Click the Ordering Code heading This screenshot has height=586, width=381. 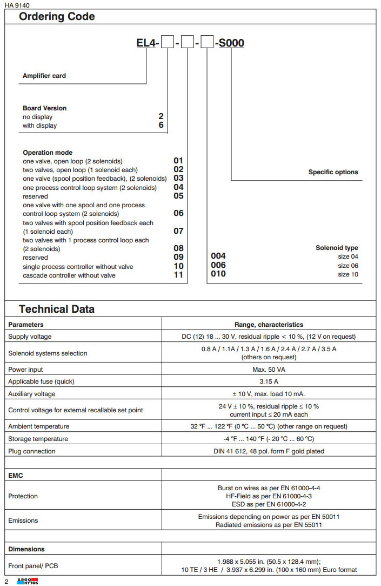coord(57,17)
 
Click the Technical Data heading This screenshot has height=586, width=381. coord(57,310)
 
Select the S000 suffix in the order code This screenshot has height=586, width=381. coord(231,43)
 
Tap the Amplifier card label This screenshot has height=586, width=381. coord(44,76)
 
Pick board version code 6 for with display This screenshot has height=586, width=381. coord(161,125)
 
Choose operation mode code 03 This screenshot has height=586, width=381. coord(178,178)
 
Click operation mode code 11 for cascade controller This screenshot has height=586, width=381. coord(178,275)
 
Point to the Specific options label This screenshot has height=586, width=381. coord(333,172)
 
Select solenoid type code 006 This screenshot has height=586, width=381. coord(218,265)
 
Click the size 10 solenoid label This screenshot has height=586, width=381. coord(348,274)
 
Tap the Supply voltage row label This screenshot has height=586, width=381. coord(30,337)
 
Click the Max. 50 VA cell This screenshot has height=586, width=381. coord(269,370)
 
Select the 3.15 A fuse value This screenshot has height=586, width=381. coord(269,381)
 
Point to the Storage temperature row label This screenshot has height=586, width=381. coord(38,439)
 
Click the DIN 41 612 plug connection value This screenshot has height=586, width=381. coord(269,451)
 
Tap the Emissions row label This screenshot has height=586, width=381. coord(23,521)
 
